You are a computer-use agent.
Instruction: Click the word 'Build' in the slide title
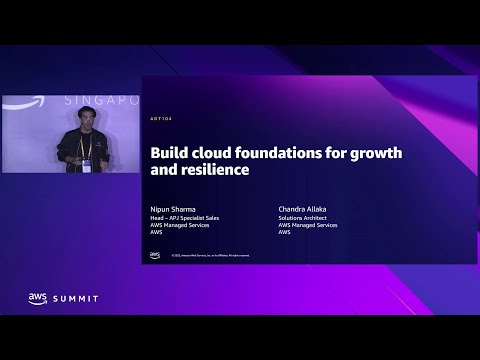tap(166, 154)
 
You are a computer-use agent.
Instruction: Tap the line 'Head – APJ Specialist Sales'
tap(184, 217)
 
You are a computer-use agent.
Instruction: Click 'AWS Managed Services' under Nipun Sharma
tap(176, 224)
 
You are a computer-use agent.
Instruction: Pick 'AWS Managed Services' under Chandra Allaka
tap(308, 224)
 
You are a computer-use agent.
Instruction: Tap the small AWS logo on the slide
tap(155, 255)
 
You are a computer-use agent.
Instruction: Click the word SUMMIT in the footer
tap(77, 298)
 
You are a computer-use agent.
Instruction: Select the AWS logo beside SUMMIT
tap(38, 298)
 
